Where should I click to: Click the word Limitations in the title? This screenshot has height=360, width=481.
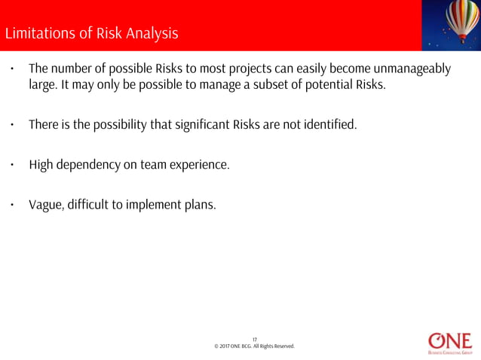37,34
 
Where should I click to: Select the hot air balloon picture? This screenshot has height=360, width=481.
451,25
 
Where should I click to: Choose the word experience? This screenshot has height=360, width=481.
198,164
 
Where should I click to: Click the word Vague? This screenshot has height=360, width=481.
44,203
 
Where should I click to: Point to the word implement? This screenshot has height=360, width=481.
145,203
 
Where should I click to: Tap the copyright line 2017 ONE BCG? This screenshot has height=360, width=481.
254,346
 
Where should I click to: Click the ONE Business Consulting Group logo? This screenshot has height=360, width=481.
449,340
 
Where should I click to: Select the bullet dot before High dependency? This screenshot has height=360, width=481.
12,164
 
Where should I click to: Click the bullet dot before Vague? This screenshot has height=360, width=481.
12,203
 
